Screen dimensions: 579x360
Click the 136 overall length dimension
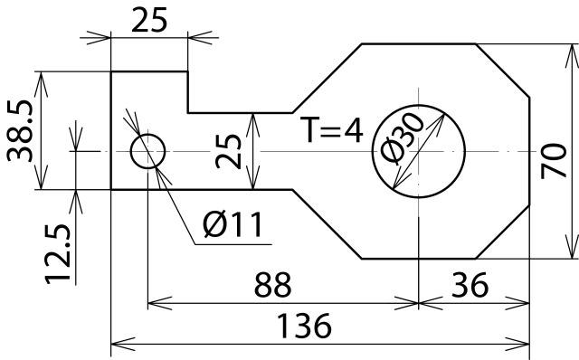click(304, 326)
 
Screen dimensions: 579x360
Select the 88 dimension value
click(273, 285)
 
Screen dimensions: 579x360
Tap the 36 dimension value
click(470, 285)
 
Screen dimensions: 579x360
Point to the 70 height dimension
click(554, 161)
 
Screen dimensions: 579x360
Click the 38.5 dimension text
click(20, 131)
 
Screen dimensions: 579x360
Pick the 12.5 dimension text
click(58, 254)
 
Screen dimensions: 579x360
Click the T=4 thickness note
click(331, 130)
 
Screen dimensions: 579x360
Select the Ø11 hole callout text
click(233, 224)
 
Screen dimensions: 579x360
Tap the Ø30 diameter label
click(402, 138)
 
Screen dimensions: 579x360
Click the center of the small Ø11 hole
click(147, 151)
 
